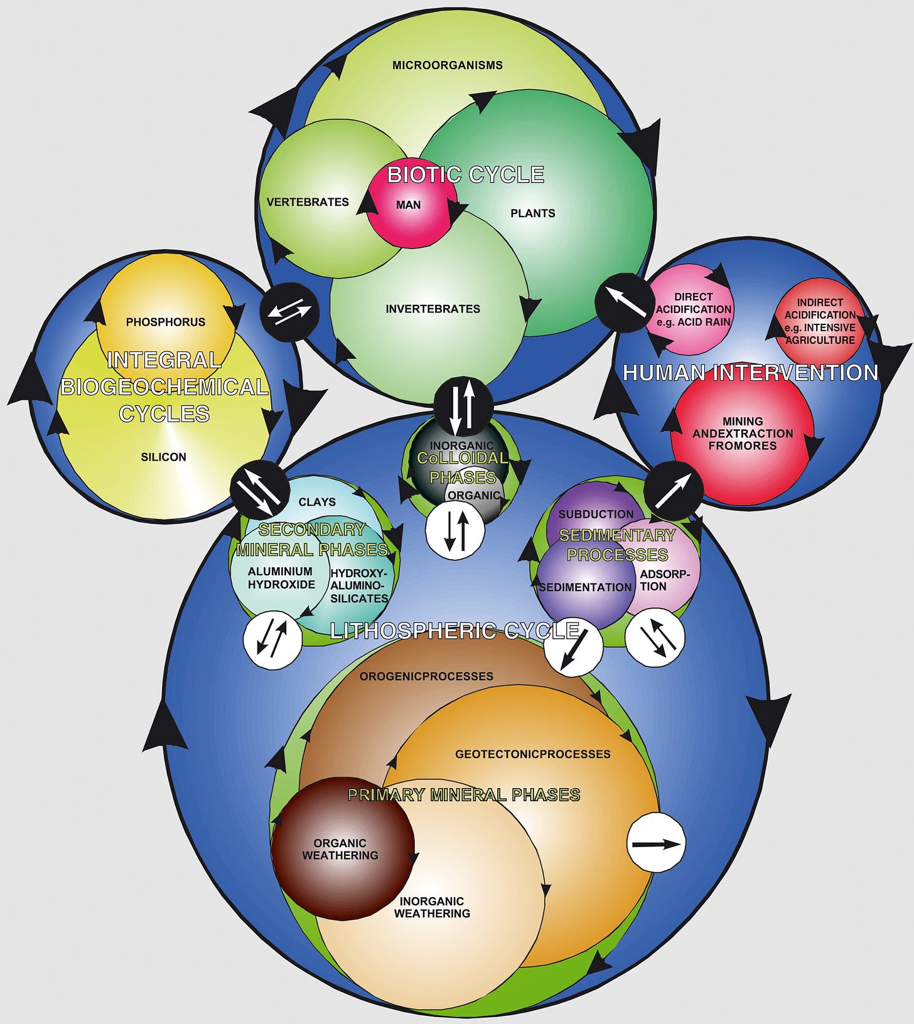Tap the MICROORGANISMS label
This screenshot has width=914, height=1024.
coord(447,65)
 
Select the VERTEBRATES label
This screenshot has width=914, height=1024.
coord(308,202)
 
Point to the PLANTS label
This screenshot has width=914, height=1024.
coord(532,213)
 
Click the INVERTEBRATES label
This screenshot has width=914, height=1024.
coord(433,309)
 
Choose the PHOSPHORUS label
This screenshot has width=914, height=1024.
coord(165,322)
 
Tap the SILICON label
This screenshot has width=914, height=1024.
coord(163,457)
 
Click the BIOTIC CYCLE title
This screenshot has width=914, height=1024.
coord(465,174)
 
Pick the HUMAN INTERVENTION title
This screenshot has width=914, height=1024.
coord(750,373)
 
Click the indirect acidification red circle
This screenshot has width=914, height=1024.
coord(819,321)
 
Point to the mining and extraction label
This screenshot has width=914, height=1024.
coord(743,434)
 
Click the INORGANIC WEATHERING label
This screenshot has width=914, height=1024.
coord(432,907)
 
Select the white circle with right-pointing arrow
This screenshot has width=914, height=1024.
coord(656,843)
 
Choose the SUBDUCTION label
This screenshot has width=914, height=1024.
coord(596,514)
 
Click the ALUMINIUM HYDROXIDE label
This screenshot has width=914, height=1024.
coord(281,577)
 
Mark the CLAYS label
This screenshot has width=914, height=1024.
coord(317,502)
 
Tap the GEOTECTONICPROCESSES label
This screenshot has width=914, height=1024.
coord(532,754)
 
